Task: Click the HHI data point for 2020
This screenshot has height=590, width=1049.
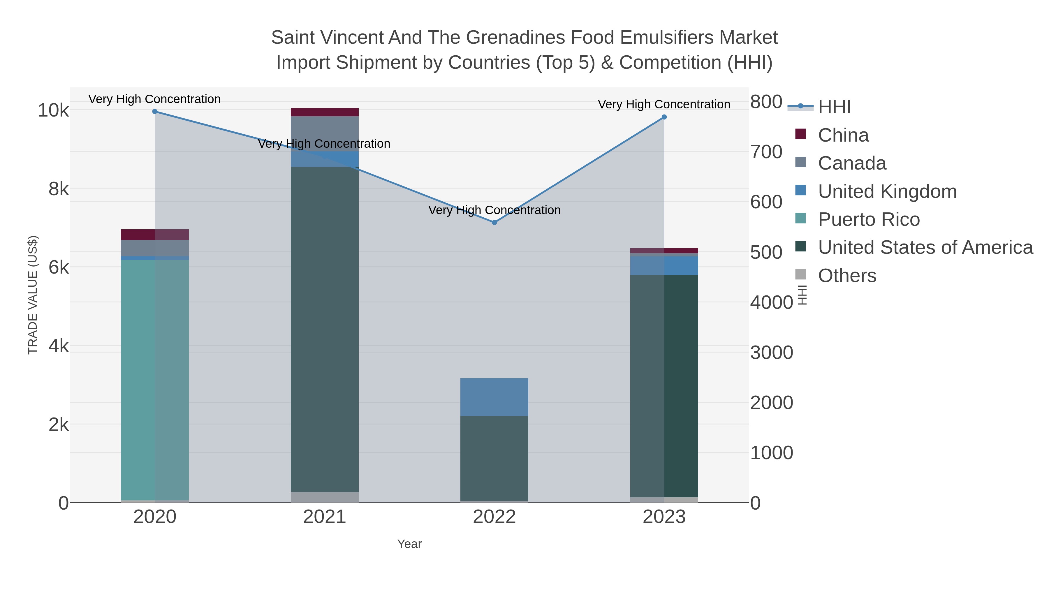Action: click(x=155, y=112)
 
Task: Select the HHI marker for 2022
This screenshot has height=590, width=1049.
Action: click(x=494, y=222)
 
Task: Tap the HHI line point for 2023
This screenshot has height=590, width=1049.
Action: click(x=664, y=117)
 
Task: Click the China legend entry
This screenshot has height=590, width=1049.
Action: click(x=843, y=135)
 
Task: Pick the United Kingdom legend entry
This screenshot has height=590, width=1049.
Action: click(x=887, y=191)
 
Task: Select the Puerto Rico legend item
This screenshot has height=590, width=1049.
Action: click(x=869, y=219)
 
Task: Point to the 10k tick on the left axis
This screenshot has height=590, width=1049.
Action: click(x=53, y=110)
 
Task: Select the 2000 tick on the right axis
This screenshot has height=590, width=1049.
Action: click(x=772, y=403)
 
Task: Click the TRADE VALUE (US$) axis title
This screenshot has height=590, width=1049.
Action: click(x=33, y=295)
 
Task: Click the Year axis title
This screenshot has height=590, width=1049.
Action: click(x=409, y=544)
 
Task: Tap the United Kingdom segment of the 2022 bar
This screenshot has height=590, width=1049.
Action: click(x=494, y=397)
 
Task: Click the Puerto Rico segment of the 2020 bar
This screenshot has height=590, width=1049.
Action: click(x=155, y=379)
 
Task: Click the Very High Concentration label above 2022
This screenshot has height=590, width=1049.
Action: click(x=494, y=210)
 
